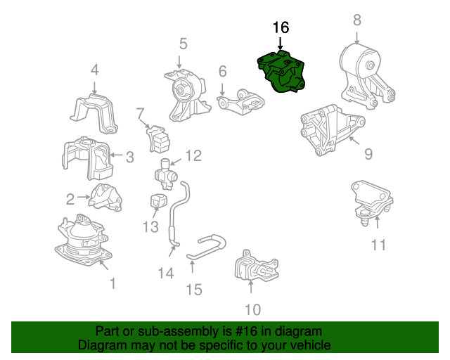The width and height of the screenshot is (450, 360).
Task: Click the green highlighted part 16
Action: click(283, 73)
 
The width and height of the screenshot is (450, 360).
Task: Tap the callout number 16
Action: click(281, 28)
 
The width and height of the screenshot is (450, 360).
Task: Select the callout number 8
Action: click(357, 20)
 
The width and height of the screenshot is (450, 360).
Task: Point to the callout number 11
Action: click(378, 245)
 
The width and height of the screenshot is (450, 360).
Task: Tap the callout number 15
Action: click(193, 289)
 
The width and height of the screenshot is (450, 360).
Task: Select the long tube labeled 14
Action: click(176, 211)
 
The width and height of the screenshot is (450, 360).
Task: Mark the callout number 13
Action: click(150, 227)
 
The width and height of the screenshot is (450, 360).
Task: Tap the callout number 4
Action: click(94, 70)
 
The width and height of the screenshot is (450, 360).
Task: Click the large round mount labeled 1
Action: click(83, 242)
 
